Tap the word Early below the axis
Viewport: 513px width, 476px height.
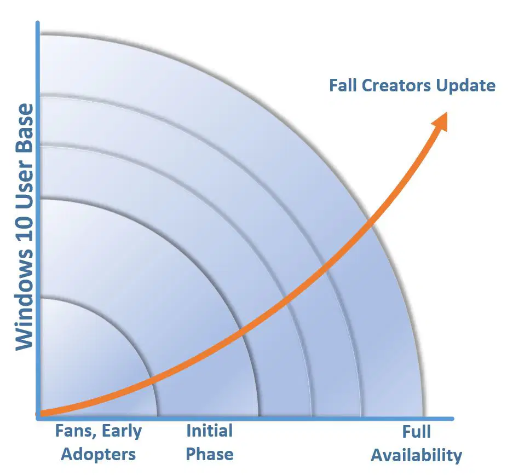(x=122, y=431)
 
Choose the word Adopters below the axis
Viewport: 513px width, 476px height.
(x=98, y=454)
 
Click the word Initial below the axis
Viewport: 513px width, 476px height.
(x=209, y=431)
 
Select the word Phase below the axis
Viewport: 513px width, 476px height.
(x=210, y=454)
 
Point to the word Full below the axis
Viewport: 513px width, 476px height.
(x=416, y=432)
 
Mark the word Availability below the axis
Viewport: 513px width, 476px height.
(x=416, y=455)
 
